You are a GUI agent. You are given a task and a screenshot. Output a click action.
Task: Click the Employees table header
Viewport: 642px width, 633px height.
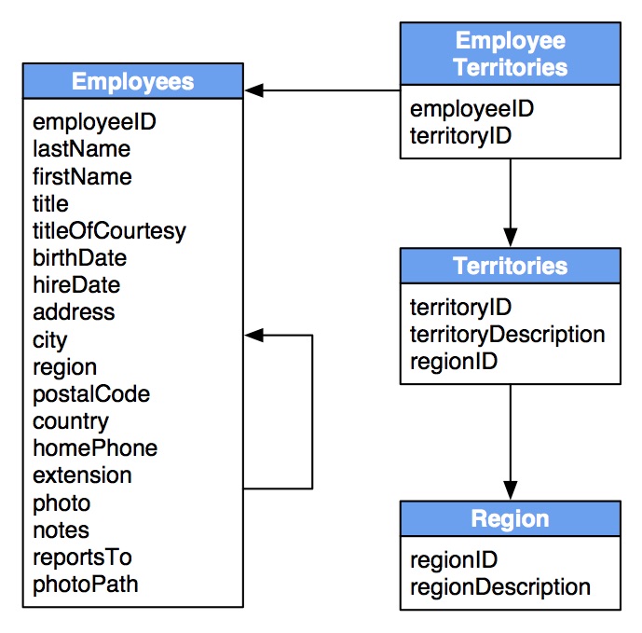132,81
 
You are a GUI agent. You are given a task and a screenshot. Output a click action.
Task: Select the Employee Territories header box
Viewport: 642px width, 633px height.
510,54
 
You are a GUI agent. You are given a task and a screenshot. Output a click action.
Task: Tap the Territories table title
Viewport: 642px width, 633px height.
510,266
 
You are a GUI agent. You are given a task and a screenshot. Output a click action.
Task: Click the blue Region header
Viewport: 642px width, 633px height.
510,518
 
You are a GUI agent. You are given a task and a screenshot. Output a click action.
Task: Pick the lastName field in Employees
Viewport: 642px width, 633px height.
81,149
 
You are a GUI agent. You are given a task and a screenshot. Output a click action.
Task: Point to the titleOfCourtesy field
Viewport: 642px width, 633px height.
109,230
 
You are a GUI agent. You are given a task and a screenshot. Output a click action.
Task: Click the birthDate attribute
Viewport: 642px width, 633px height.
79,257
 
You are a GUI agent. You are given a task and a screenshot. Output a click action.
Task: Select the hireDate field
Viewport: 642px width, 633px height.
76,285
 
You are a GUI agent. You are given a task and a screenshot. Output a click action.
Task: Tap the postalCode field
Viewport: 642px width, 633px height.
90,393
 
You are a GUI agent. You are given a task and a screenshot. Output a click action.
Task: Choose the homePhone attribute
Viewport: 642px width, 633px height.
95,448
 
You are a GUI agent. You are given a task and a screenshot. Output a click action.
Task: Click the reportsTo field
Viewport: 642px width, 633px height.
82,557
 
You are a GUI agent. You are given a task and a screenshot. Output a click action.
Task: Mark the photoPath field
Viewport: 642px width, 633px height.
85,585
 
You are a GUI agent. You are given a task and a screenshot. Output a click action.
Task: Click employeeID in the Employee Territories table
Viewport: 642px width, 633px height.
471,109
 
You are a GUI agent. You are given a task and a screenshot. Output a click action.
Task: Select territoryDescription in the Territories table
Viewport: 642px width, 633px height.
507,334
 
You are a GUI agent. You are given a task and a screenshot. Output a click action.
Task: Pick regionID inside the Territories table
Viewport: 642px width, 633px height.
453,361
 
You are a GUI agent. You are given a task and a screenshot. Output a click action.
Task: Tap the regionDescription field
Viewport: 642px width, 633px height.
499,586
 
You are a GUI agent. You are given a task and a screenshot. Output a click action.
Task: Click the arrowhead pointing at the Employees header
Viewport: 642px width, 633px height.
255,90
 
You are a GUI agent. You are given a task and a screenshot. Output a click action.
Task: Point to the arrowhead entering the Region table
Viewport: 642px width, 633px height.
510,489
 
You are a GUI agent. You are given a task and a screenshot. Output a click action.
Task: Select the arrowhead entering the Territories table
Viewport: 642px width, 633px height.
510,237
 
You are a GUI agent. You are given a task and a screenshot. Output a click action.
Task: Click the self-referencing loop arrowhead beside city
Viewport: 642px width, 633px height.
255,335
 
